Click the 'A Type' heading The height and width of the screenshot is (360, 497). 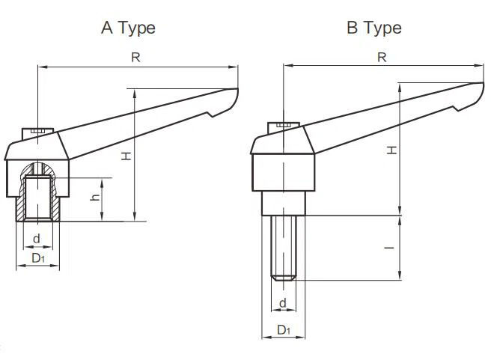(x=129, y=28)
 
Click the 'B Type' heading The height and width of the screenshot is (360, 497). (x=374, y=28)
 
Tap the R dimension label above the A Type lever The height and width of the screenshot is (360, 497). (x=135, y=58)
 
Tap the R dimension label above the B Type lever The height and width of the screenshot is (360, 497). (x=382, y=58)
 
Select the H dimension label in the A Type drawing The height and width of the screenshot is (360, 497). (x=126, y=156)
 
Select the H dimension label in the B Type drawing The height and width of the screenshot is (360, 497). (x=392, y=150)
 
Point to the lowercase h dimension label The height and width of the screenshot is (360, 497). (x=95, y=197)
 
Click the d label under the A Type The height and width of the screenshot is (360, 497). (x=37, y=238)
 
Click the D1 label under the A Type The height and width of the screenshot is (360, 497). (x=38, y=258)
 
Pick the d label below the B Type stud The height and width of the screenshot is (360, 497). (x=283, y=303)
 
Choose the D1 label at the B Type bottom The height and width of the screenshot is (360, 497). (x=284, y=330)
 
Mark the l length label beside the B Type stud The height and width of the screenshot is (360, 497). (x=389, y=248)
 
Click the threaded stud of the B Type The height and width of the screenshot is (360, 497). (x=284, y=248)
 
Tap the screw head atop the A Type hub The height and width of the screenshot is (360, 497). (x=37, y=132)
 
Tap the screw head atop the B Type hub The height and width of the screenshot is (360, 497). (x=284, y=127)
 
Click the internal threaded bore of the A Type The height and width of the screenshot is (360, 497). (x=38, y=198)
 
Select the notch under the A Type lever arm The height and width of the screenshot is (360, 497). (x=211, y=114)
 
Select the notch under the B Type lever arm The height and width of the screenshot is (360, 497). (x=457, y=109)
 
